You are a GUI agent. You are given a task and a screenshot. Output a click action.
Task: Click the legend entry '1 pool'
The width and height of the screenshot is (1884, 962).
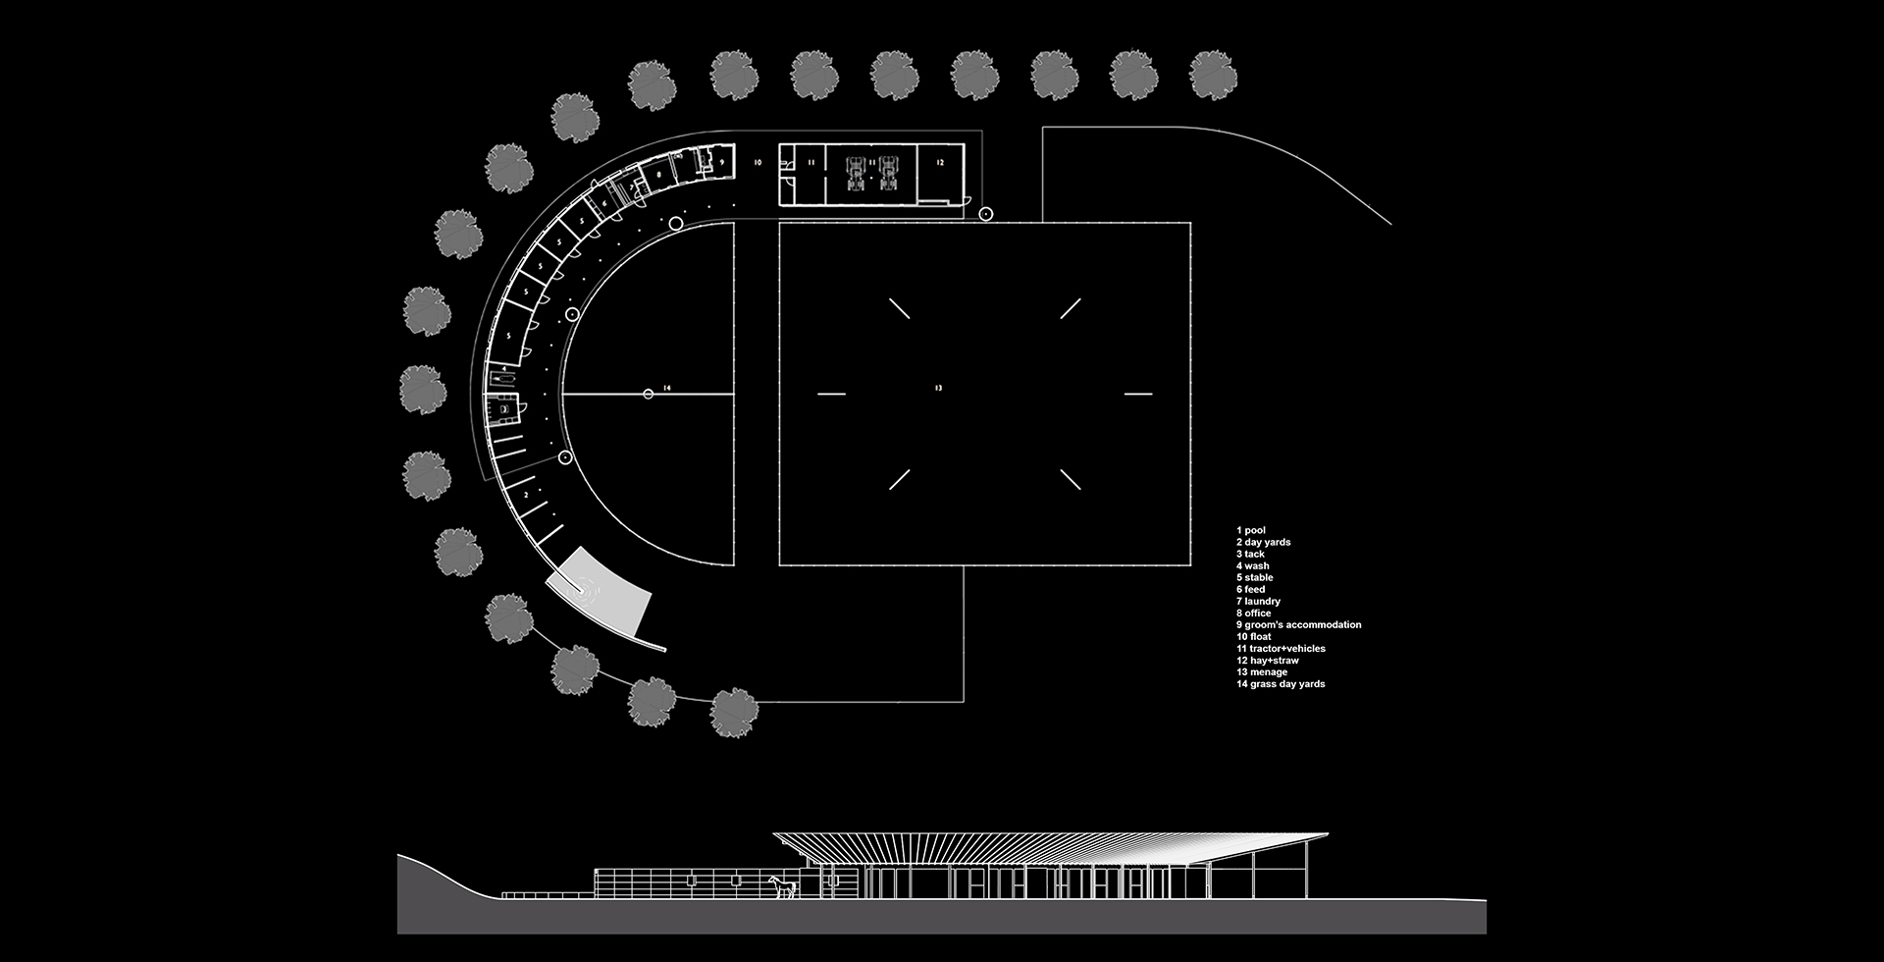(1251, 530)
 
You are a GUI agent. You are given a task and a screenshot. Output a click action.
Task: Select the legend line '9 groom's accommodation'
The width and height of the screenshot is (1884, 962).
(1298, 624)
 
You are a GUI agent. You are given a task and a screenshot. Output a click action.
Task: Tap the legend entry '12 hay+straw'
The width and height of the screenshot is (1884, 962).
(1267, 661)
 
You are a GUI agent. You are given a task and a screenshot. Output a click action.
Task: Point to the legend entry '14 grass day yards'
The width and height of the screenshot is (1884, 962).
(1280, 684)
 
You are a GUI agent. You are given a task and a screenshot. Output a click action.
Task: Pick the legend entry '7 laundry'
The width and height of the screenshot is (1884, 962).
(1258, 601)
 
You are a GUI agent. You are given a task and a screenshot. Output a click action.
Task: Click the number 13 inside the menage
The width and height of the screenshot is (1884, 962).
(938, 389)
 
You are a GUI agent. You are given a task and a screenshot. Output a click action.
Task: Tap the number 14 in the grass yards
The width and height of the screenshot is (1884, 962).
(666, 389)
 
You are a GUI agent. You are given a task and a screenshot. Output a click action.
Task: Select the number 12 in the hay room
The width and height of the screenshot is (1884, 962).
(939, 162)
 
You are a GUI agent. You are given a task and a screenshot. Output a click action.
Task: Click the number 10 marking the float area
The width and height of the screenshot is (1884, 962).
(757, 162)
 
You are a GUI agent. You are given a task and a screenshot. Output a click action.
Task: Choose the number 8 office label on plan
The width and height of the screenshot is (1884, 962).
(659, 175)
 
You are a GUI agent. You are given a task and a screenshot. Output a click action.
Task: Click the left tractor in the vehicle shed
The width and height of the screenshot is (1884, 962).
(857, 173)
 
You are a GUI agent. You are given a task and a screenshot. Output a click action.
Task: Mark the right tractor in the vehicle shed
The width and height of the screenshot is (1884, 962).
(889, 173)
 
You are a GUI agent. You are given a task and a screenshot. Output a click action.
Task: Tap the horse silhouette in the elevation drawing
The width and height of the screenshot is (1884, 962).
(782, 887)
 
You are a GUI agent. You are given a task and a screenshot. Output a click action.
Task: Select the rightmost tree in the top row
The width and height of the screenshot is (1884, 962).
(1213, 75)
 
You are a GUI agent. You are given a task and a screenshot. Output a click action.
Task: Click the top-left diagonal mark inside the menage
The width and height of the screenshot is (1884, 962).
(900, 308)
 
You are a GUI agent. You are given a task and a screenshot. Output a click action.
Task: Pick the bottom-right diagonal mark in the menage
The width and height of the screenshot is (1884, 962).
(1071, 479)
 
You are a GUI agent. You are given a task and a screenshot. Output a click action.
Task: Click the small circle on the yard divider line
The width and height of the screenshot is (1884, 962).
(648, 395)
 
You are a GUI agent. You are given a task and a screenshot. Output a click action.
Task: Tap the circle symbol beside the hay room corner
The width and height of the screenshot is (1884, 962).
(986, 214)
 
